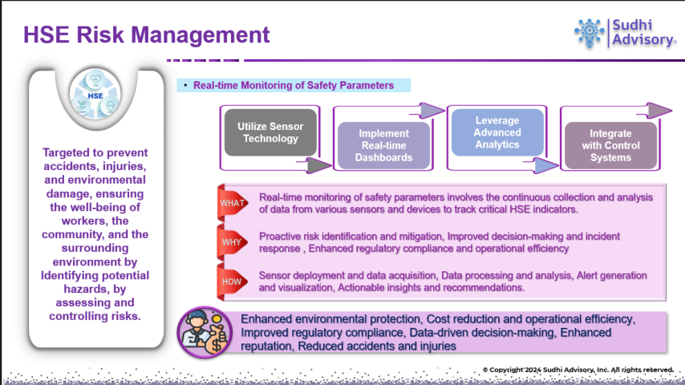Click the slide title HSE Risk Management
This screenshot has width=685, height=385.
coord(147,34)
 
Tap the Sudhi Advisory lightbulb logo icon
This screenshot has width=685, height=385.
coord(590,30)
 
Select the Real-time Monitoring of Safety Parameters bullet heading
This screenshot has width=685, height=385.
coord(294,85)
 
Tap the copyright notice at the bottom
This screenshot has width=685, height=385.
coord(578,369)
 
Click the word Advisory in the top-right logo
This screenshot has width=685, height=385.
coord(642,41)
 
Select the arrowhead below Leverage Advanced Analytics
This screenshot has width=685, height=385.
coord(545,165)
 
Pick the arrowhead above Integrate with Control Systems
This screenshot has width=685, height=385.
coord(660,108)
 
